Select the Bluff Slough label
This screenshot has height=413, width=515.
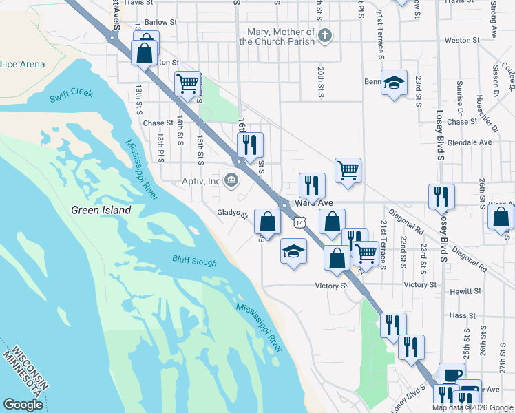click(x=194, y=262)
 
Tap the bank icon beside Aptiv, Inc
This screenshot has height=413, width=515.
click(x=231, y=181)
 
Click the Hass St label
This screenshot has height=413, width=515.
click(x=458, y=315)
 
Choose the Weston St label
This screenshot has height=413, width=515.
click(x=459, y=41)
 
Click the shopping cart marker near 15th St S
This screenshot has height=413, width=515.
click(x=188, y=84)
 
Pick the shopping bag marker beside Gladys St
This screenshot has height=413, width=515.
click(x=267, y=222)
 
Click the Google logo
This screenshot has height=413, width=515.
click(x=23, y=405)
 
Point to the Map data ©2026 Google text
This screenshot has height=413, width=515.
click(x=472, y=407)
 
